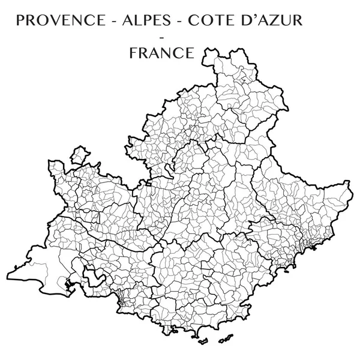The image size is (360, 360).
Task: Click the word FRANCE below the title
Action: point(161,53)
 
